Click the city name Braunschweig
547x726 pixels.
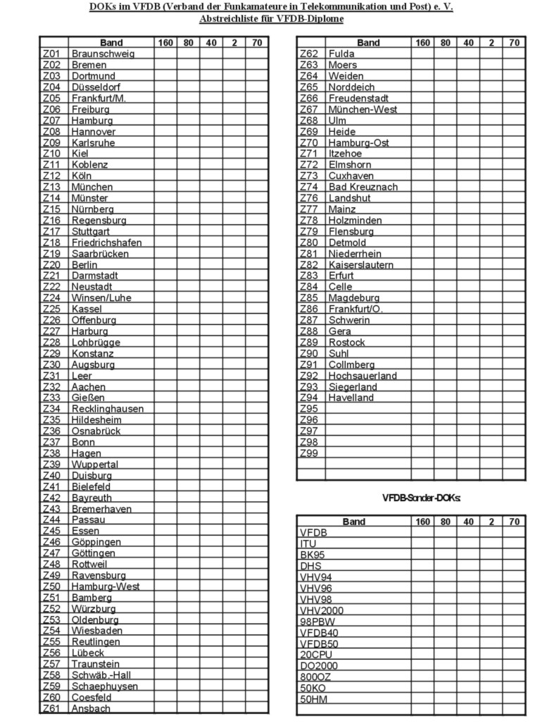click(102, 54)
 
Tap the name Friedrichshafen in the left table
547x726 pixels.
click(106, 242)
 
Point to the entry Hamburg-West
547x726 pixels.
click(105, 586)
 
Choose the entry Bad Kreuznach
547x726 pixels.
click(363, 187)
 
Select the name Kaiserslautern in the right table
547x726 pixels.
click(361, 265)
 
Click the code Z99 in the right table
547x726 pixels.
click(309, 453)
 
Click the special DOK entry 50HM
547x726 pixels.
click(313, 699)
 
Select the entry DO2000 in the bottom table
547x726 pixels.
click(318, 666)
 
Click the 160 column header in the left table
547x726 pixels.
click(165, 43)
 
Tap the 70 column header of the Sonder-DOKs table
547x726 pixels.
click(514, 522)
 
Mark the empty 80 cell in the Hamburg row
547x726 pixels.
click(188, 121)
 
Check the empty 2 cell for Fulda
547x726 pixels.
click(491, 54)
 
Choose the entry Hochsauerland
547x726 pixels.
click(363, 376)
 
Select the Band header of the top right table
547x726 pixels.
click(367, 43)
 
